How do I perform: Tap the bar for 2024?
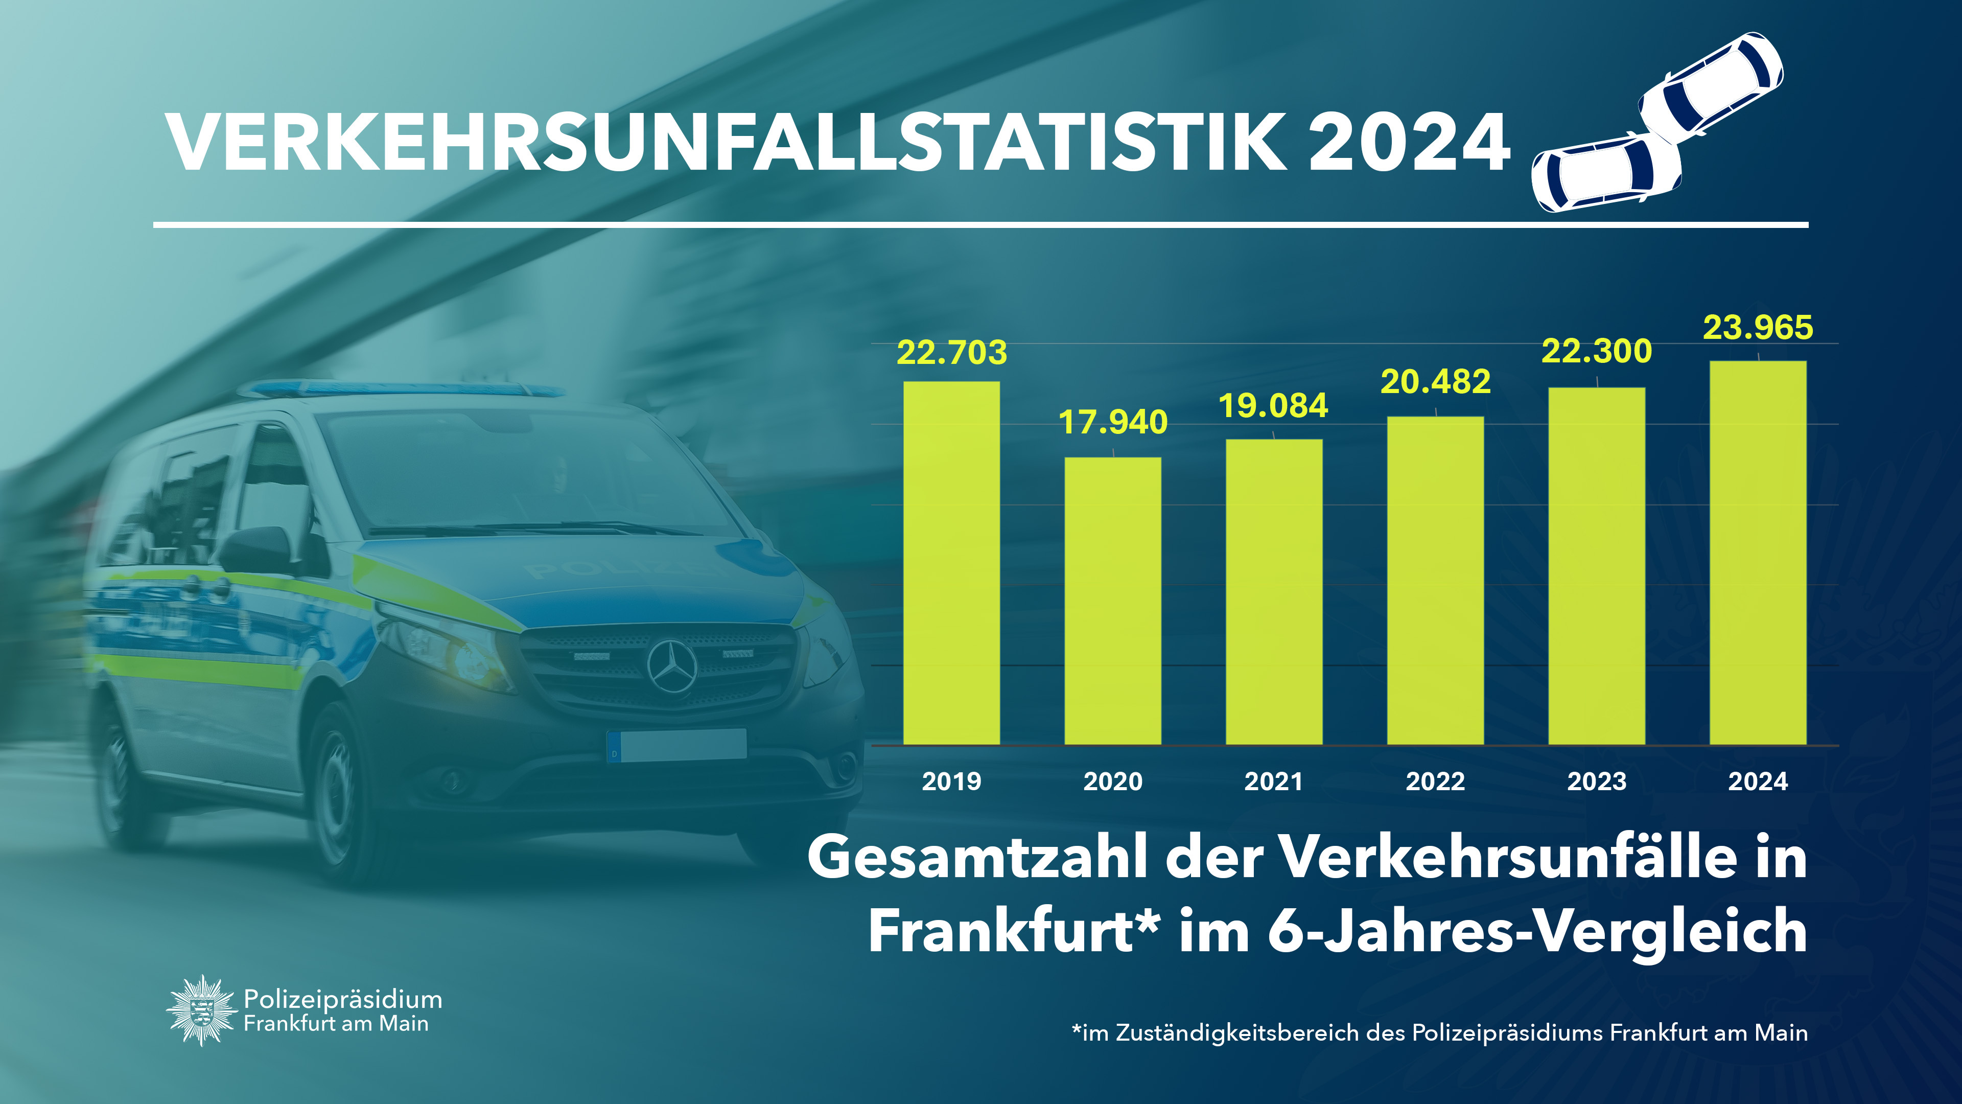coord(1758,553)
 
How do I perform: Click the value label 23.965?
coord(1758,328)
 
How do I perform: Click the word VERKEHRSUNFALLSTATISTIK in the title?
coord(728,143)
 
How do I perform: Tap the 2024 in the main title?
coord(1409,143)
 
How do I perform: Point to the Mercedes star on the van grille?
coord(672,666)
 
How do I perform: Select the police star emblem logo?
coord(200,1010)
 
